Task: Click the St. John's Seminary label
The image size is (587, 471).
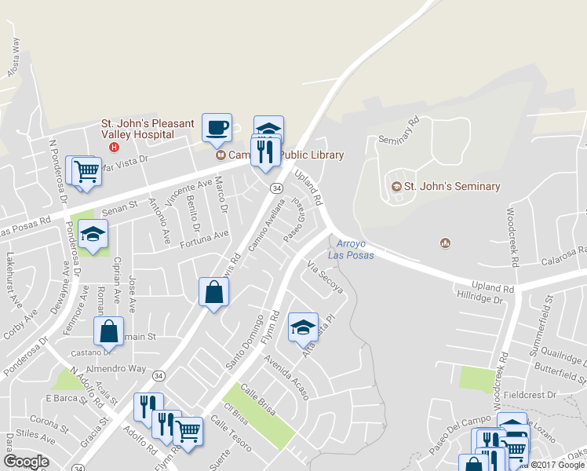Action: [451, 186]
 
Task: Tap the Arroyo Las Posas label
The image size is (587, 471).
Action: [351, 250]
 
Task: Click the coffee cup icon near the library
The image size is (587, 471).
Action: [217, 126]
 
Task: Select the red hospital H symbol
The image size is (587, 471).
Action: [115, 147]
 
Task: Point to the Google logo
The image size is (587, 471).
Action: [25, 462]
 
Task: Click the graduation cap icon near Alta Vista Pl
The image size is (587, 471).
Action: [303, 327]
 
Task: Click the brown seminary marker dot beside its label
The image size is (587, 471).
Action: [397, 187]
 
